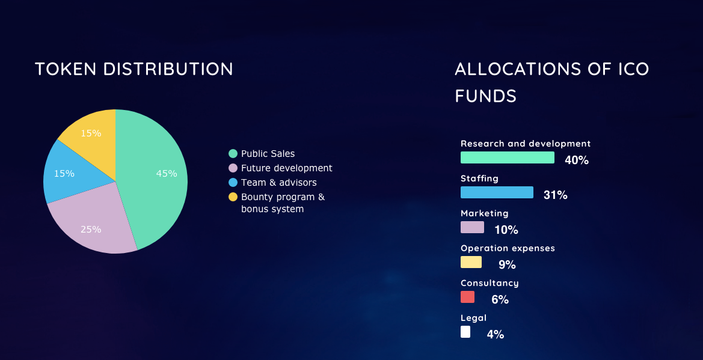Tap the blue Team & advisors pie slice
72,172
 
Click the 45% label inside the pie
167,174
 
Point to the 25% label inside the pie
91,229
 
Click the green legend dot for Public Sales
233,154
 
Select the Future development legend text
286,168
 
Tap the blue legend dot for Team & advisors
233,183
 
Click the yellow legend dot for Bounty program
233,197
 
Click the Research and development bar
508,157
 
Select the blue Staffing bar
497,192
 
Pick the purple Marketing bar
472,227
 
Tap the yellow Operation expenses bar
471,262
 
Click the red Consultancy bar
467,297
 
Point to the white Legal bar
465,332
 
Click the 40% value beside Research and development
577,160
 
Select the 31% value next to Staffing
556,195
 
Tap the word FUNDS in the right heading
485,96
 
